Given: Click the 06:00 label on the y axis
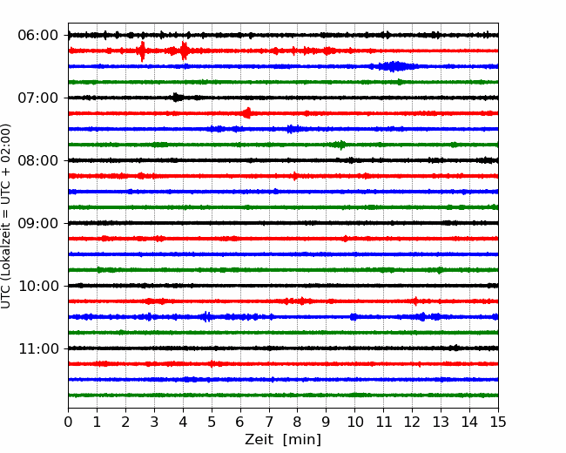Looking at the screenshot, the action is tap(38, 36).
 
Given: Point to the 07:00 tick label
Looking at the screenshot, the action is tap(38, 98).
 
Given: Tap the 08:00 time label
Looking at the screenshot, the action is tap(38, 160).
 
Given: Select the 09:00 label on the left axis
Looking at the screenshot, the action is tap(38, 223).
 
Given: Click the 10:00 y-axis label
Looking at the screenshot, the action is tap(38, 286).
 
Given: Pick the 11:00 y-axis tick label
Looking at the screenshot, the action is tap(38, 348).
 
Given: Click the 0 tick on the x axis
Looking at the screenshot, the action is tap(68, 422).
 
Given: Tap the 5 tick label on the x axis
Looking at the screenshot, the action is tap(212, 422).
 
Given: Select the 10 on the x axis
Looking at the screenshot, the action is tap(354, 422).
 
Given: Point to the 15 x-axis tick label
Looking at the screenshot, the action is tap(498, 422).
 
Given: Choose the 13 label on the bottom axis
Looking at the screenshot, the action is tap(441, 422).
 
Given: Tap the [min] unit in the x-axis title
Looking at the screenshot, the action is tap(302, 440).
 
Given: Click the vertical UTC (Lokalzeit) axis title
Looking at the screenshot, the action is tap(6, 216).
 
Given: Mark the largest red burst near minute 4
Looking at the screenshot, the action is tap(184, 51).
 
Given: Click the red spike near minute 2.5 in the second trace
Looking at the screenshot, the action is tap(142, 51).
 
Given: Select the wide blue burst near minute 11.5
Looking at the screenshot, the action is tap(394, 66).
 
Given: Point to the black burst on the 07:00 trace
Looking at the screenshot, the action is tap(177, 98).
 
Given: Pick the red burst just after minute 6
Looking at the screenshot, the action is tap(247, 113).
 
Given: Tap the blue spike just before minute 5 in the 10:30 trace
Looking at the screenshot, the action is tap(206, 317).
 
